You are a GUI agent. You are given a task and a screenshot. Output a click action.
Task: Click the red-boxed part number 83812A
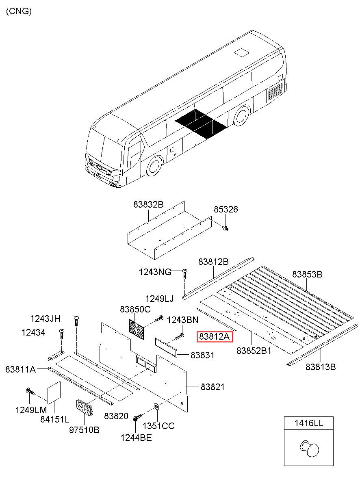(x=214, y=336)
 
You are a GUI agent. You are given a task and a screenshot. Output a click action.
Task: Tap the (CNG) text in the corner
(x=19, y=11)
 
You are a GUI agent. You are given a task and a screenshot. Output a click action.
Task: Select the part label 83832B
(x=148, y=205)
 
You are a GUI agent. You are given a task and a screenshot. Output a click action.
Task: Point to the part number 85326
(x=226, y=210)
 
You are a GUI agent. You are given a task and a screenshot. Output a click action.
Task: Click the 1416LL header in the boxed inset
(x=308, y=423)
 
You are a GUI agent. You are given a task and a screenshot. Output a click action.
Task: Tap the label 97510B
(x=85, y=429)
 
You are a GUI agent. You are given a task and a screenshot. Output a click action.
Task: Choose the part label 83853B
(x=307, y=274)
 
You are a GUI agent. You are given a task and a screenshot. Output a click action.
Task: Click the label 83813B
(x=321, y=367)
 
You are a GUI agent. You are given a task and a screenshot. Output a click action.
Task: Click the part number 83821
(x=212, y=387)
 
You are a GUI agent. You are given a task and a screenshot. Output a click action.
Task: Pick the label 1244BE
(x=136, y=438)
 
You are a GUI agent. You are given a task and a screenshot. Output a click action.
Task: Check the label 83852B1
(x=254, y=350)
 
